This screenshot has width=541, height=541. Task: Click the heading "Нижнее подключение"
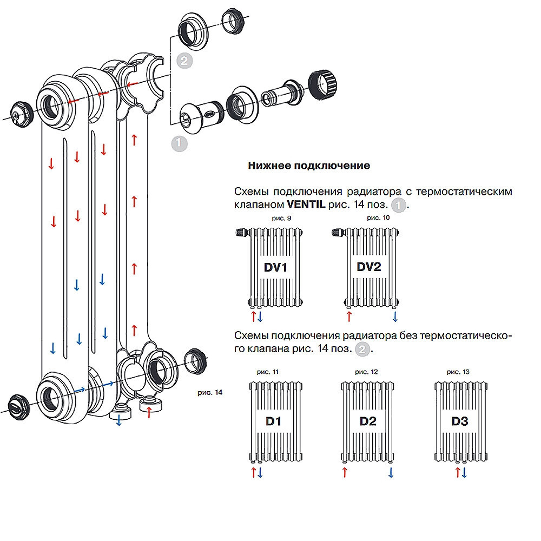click(x=309, y=166)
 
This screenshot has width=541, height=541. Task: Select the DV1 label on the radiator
click(x=275, y=267)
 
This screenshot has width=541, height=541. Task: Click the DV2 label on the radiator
click(x=369, y=267)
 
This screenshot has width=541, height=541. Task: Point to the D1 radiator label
click(x=273, y=421)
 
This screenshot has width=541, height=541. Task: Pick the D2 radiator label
click(x=368, y=421)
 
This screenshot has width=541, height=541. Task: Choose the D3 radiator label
click(x=460, y=421)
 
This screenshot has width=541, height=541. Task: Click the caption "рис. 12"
click(x=366, y=372)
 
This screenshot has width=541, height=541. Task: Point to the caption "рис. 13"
click(x=458, y=372)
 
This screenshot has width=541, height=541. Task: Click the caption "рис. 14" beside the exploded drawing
click(x=210, y=392)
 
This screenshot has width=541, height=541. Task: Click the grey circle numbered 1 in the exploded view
click(x=179, y=143)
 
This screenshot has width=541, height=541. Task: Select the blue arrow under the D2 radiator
click(x=391, y=472)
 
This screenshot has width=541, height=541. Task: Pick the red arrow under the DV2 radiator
click(x=349, y=316)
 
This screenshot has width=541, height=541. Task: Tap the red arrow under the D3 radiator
click(x=458, y=472)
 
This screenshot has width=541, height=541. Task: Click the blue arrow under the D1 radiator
click(x=260, y=472)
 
